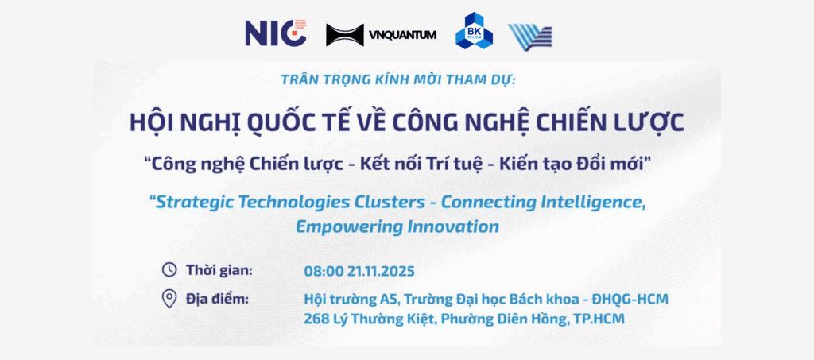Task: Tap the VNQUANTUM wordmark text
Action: (x=404, y=35)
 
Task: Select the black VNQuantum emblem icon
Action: (x=344, y=35)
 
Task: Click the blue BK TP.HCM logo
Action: (x=474, y=32)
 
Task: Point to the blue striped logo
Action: (x=530, y=36)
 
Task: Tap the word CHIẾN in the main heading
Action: (x=583, y=123)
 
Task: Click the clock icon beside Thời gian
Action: (x=169, y=269)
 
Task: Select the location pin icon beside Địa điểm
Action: (x=169, y=299)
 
